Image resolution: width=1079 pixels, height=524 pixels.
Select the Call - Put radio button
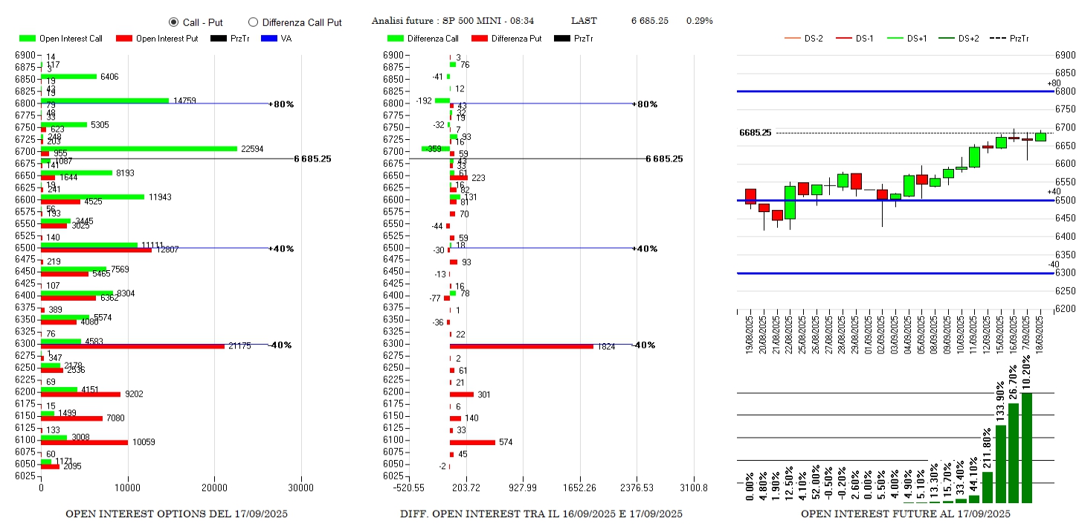[x=173, y=22]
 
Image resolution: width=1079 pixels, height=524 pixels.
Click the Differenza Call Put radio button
[x=253, y=22]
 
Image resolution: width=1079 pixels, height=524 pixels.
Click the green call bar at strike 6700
[x=139, y=148]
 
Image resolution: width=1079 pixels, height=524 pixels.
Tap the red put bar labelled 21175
[x=132, y=346]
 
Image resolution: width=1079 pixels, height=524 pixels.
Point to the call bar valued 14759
[x=105, y=100]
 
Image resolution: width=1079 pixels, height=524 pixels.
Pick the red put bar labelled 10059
[x=84, y=442]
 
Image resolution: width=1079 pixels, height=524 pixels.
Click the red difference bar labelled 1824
[x=521, y=346]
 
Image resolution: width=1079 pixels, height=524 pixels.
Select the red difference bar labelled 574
[x=472, y=442]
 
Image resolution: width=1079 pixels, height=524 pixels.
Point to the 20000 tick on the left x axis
[x=214, y=488]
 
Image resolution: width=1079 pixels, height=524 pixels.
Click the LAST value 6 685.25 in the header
[x=649, y=21]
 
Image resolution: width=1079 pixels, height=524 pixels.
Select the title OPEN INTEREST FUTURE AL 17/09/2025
[x=905, y=514]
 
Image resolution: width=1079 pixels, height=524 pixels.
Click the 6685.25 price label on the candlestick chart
[x=755, y=132]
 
